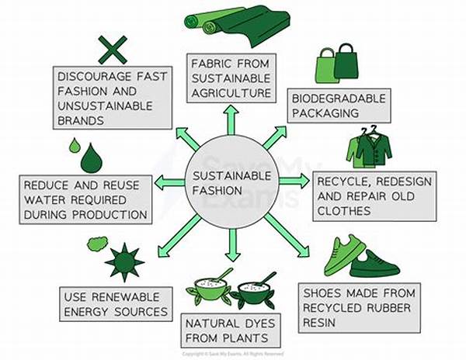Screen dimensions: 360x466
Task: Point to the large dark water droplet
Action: pos(91,158)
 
